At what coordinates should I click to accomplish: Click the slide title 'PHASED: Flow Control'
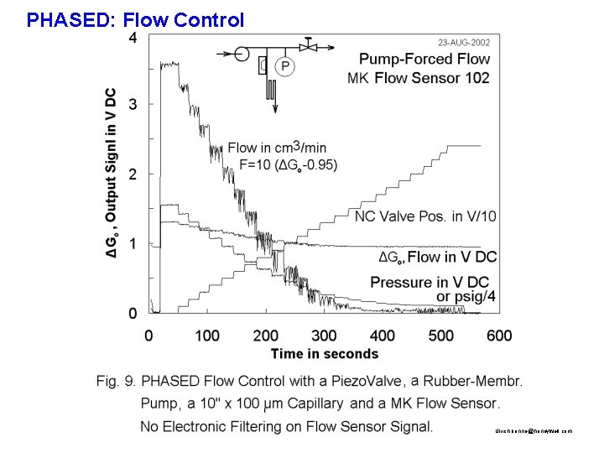coord(136,19)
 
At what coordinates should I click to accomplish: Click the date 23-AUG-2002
coord(464,42)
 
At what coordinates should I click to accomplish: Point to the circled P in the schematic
coord(285,65)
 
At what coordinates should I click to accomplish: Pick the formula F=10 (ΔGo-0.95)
coord(289,164)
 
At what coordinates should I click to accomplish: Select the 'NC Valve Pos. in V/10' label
coord(424,216)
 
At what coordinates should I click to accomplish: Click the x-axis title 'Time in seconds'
coord(325,354)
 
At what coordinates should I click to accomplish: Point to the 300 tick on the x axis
coord(324,336)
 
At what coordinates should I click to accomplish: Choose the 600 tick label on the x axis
coord(499,336)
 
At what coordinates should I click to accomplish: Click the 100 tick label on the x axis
coord(207,336)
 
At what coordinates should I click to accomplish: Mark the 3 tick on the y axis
coord(133,105)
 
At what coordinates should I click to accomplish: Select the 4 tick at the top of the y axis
coord(133,39)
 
